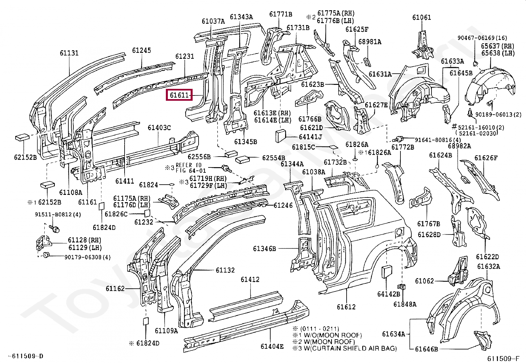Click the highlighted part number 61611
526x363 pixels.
(x=179, y=95)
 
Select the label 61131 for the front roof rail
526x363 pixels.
(x=69, y=53)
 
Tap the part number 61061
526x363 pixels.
(x=422, y=18)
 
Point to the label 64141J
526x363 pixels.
(x=311, y=137)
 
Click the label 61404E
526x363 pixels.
(x=272, y=346)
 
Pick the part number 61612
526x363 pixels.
(x=346, y=307)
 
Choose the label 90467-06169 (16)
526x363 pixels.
(x=482, y=38)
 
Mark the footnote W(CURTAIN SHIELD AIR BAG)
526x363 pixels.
(x=350, y=348)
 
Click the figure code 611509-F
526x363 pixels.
(x=503, y=358)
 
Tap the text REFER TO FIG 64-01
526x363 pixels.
(x=191, y=168)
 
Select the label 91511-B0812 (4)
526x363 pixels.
(x=58, y=214)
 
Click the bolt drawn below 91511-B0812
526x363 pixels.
(x=55, y=229)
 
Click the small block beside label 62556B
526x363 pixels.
(x=231, y=154)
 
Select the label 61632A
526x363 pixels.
(x=489, y=267)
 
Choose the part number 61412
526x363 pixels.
(x=250, y=279)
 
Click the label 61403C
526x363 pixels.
(x=159, y=128)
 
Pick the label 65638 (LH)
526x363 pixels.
(x=498, y=53)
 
